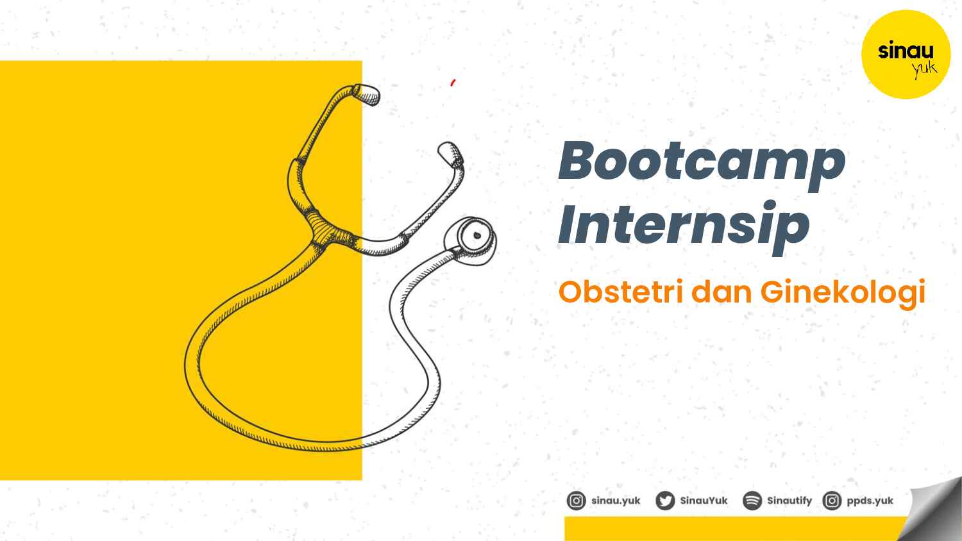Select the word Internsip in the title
(684, 225)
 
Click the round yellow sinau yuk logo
(906, 54)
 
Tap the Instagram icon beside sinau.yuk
(576, 501)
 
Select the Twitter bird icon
(665, 501)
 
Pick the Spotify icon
(752, 501)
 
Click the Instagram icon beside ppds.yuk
(832, 501)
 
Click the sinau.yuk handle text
(616, 501)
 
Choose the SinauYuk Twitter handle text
(704, 501)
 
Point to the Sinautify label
(789, 501)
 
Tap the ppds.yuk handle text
(870, 501)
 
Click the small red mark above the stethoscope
(453, 82)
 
